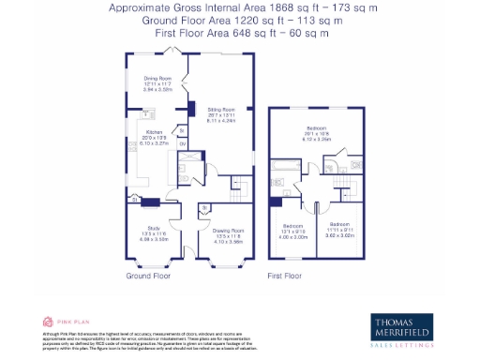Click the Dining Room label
pos(157,79)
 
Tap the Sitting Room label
pos(220,110)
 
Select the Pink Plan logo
pos(61,321)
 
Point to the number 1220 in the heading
pos(246,20)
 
